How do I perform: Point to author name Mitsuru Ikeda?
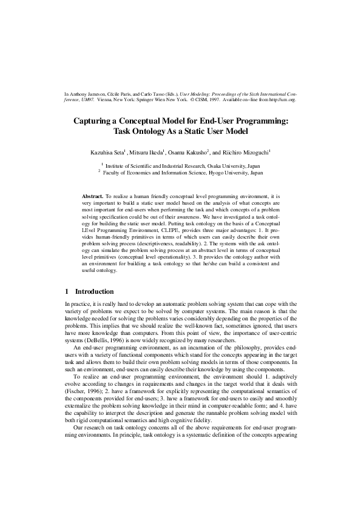[x=150, y=151]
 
